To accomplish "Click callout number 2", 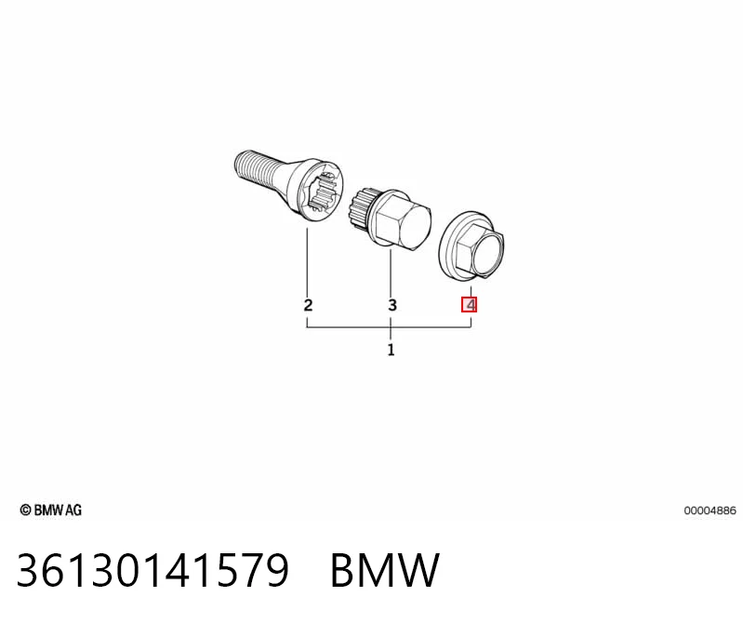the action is (x=308, y=305).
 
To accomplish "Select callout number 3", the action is (x=391, y=305).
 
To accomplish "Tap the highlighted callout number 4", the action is (x=469, y=304).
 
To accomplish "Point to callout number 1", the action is (x=391, y=351).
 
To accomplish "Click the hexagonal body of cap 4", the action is (x=480, y=250).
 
